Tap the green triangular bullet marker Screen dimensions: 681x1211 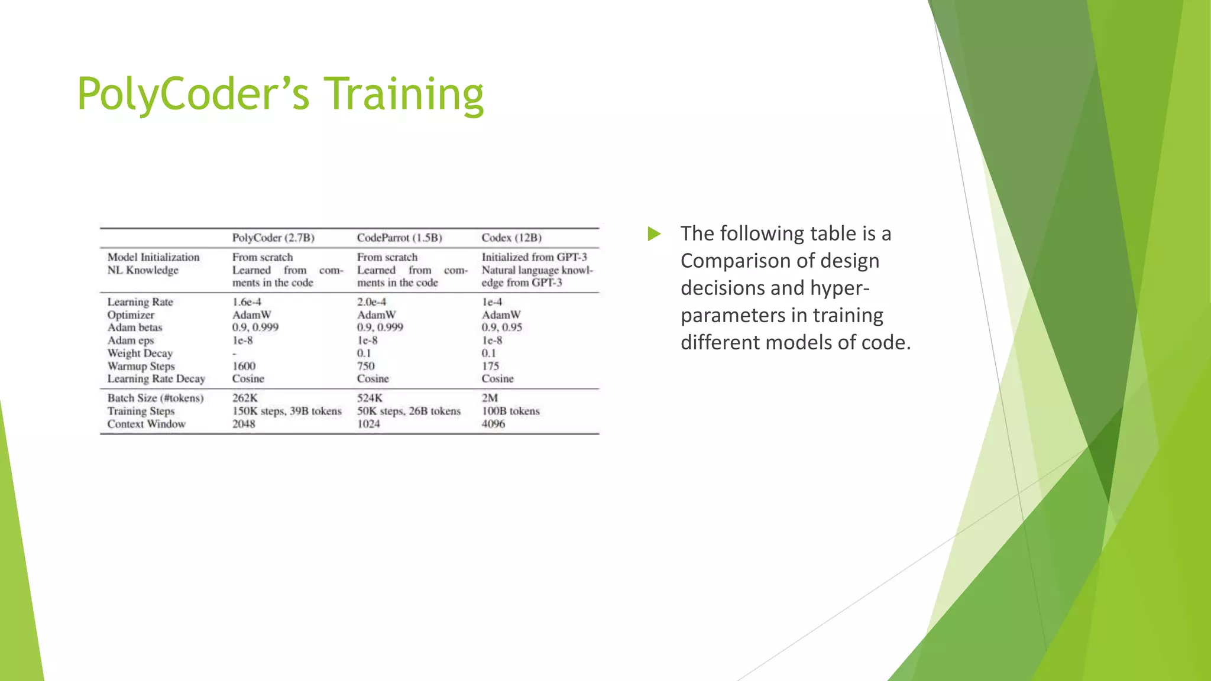pos(653,234)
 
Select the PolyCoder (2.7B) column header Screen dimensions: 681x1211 pos(273,238)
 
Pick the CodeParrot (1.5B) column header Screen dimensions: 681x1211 pos(399,238)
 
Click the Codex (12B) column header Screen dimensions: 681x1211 pos(511,238)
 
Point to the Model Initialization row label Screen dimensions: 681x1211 pos(153,257)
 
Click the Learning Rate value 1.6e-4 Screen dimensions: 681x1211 pos(247,302)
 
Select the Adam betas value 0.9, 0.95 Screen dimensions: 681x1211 pos(501,327)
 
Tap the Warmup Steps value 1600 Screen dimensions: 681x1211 pos(244,366)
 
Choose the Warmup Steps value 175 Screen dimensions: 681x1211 pos(490,366)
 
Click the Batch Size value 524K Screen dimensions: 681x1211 pos(370,398)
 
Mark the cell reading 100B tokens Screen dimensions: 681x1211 pos(510,411)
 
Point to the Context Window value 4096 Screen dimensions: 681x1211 pos(493,424)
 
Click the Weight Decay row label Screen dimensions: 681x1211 pos(140,354)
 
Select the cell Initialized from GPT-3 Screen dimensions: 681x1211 pos(534,257)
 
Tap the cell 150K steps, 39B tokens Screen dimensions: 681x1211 pos(287,411)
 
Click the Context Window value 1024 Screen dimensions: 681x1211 pos(368,424)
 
